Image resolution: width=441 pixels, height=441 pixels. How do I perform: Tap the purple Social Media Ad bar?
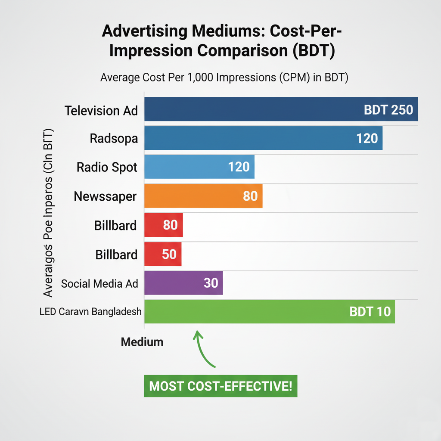pyautogui.click(x=172, y=283)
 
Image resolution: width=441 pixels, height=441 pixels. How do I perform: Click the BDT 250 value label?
pyautogui.click(x=388, y=109)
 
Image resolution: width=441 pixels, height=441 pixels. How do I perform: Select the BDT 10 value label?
pyautogui.click(x=370, y=311)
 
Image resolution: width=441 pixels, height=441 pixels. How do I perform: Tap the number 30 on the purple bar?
pyautogui.click(x=210, y=283)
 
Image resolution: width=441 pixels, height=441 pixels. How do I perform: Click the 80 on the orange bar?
pyautogui.click(x=250, y=196)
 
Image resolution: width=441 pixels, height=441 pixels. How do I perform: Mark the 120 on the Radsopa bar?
pyautogui.click(x=367, y=138)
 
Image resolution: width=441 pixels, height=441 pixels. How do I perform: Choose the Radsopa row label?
pyautogui.click(x=114, y=139)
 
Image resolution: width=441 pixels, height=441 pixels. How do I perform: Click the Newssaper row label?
pyautogui.click(x=106, y=196)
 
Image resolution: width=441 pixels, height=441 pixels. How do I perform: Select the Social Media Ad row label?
pyautogui.click(x=99, y=283)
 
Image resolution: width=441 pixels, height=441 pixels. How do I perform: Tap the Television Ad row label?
pyautogui.click(x=101, y=110)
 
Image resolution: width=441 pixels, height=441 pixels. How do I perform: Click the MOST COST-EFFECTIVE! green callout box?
pyautogui.click(x=220, y=386)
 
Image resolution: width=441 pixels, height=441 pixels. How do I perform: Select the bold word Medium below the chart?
pyautogui.click(x=142, y=342)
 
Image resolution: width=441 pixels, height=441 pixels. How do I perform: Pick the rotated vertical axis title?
pyautogui.click(x=48, y=213)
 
